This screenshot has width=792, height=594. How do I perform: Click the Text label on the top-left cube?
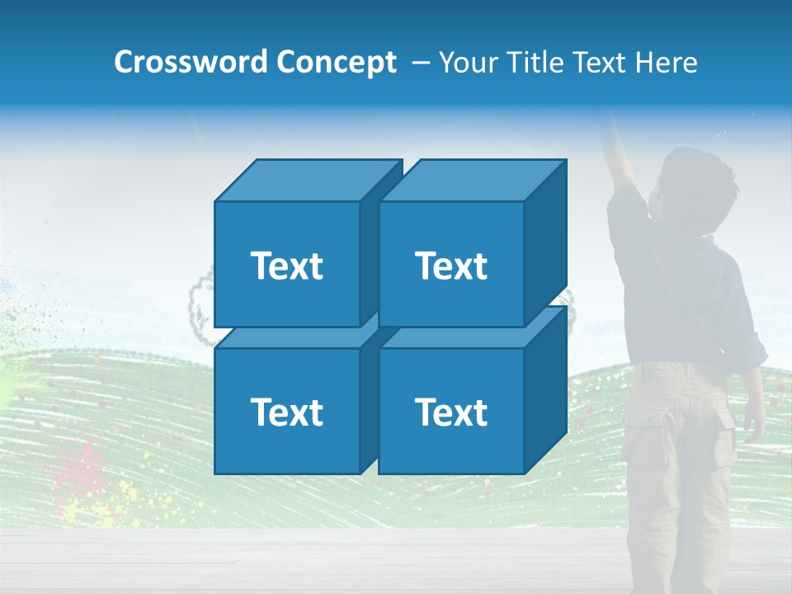pyautogui.click(x=286, y=266)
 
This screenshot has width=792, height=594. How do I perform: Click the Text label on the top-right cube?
pyautogui.click(x=450, y=266)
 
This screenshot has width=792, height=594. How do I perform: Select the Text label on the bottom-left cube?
pyautogui.click(x=286, y=412)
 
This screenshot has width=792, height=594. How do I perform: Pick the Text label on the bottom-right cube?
pyautogui.click(x=450, y=412)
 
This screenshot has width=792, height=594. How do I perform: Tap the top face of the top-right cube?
pyautogui.click(x=473, y=180)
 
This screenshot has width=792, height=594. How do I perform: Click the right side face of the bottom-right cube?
pyautogui.click(x=545, y=392)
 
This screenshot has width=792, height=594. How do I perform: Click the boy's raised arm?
pyautogui.click(x=619, y=157)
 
